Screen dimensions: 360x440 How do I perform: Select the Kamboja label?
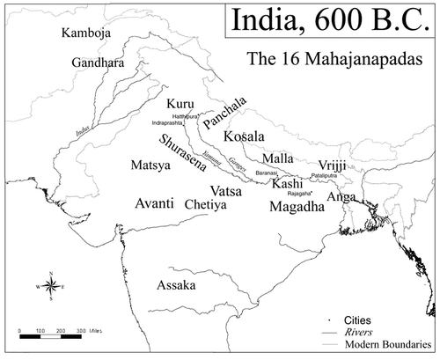pos(88,33)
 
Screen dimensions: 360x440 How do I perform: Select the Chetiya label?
pos(206,204)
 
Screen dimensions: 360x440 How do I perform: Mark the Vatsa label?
pos(227,189)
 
